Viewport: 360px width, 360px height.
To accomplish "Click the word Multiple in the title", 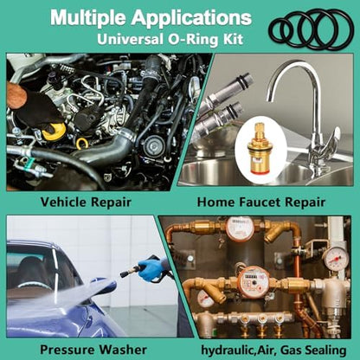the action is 88,17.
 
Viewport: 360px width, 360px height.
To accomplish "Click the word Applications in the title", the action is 191,17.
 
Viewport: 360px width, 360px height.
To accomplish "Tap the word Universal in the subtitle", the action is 130,39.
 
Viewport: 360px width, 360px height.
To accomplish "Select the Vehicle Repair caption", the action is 86,202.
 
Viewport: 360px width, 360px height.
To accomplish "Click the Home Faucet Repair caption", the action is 261,202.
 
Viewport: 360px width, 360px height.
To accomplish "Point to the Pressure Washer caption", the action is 93,350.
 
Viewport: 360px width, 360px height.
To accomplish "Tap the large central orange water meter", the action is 254,281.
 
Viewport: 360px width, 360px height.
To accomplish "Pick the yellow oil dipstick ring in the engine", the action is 81,144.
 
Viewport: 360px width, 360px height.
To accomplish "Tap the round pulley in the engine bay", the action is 152,146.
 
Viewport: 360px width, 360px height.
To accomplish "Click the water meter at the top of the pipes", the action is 240,228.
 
